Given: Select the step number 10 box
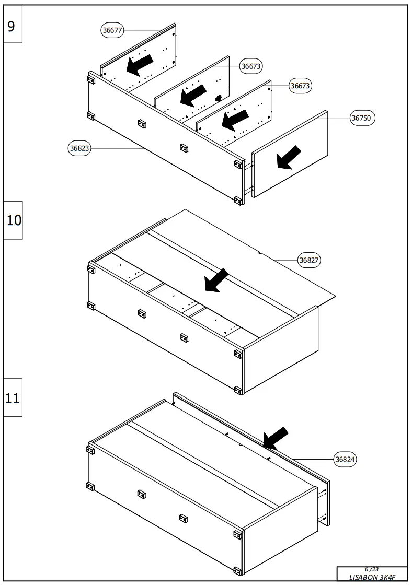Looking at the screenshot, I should coord(14,220).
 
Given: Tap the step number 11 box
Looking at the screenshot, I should coord(13,397).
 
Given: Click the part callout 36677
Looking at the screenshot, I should coord(112,30).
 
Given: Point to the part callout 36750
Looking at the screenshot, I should coord(361,118).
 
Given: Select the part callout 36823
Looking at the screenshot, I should coord(80,148).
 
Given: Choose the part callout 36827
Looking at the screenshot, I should coord(309,260).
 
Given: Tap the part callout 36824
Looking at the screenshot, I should coord(346,460).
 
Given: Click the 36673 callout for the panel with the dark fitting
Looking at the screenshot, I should coord(251,66).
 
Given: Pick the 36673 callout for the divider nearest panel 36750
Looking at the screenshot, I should coord(301,86).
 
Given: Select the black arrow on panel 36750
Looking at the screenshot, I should coord(289,158).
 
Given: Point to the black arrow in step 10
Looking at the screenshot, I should coord(216,280).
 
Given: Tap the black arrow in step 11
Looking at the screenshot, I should coord(276,438).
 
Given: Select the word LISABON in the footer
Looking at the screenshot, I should coord(363,577).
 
